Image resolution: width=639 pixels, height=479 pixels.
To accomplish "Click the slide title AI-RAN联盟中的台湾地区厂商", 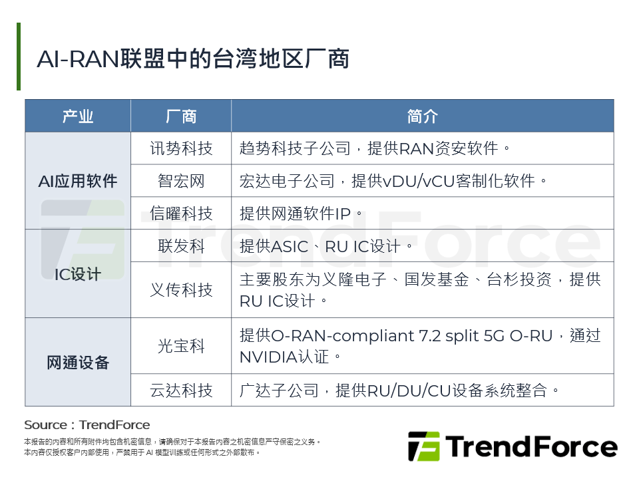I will [x=193, y=59].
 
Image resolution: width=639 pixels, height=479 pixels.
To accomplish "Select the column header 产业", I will [x=78, y=116].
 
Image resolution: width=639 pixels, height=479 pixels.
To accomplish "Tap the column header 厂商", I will [x=181, y=116].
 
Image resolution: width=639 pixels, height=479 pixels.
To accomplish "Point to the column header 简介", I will [x=422, y=116].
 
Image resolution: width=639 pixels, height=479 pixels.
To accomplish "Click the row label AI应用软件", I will [x=78, y=181].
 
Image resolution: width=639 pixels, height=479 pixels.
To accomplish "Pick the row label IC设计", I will [x=78, y=273].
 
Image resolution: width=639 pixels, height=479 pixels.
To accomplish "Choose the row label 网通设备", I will [x=78, y=363].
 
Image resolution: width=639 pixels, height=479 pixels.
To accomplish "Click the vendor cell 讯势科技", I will [x=181, y=148].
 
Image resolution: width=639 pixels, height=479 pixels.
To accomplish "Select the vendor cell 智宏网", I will [x=181, y=181].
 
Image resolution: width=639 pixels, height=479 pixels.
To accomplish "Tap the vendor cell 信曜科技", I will [x=181, y=214].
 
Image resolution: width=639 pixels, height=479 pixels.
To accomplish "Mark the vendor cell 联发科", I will [x=181, y=246].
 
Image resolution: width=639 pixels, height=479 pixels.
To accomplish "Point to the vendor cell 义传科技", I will [x=181, y=290].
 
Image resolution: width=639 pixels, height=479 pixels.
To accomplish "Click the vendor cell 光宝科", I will [x=181, y=346].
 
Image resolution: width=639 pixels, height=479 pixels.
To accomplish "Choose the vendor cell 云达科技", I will [x=181, y=390].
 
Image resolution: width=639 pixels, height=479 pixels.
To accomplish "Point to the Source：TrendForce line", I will [x=87, y=425].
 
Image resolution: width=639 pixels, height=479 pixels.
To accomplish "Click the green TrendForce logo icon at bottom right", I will [x=423, y=446].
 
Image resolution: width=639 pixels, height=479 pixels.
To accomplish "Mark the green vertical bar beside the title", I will [x=19, y=57].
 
